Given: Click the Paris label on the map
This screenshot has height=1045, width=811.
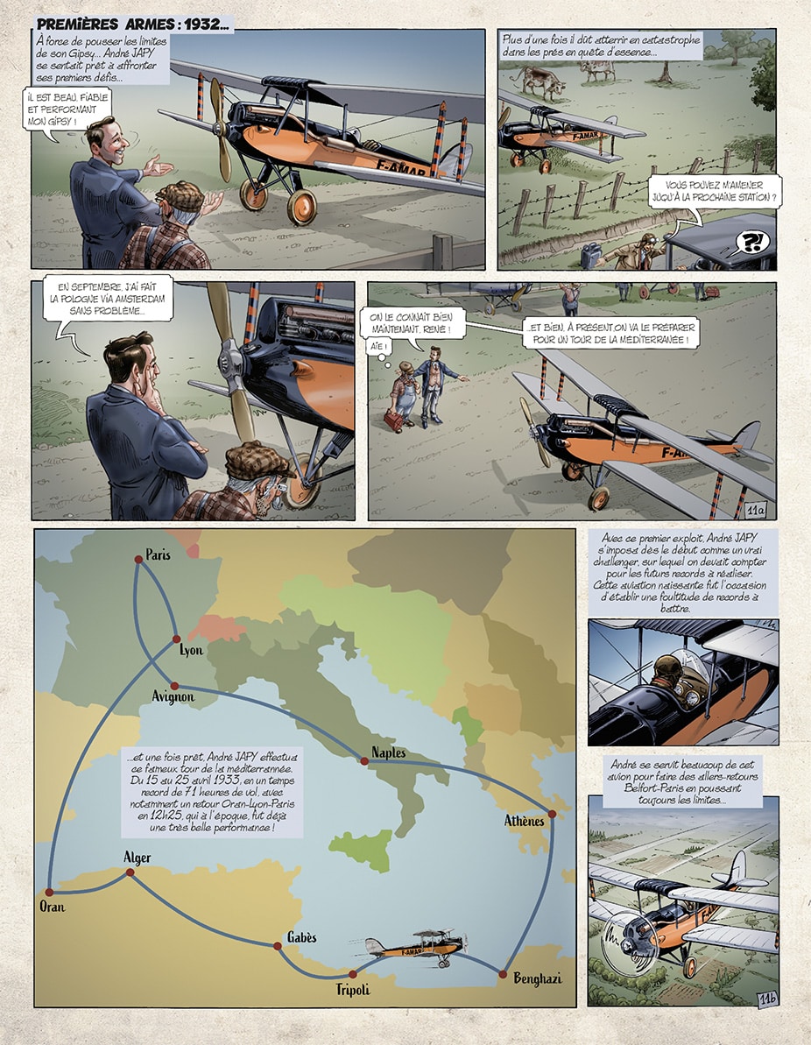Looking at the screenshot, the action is [x=158, y=554].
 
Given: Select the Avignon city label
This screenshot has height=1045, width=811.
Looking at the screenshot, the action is [x=173, y=696].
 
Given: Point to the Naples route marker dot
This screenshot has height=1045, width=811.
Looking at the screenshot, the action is [x=364, y=760].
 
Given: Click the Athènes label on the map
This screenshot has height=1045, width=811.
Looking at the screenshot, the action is [x=525, y=821].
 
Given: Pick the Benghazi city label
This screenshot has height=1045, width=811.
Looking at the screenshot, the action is [x=538, y=978].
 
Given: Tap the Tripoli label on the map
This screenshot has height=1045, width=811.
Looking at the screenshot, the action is [x=353, y=990].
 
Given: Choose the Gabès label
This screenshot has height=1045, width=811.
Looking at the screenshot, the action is [x=302, y=937].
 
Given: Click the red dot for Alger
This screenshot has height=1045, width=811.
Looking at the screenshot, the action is [x=130, y=872].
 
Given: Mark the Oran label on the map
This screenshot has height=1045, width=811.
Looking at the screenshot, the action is [x=53, y=907].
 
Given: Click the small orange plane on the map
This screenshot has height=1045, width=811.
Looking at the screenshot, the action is [x=417, y=947].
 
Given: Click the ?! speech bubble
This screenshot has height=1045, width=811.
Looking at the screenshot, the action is [x=751, y=242].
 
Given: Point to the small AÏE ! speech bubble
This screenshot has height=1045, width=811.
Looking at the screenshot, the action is [x=377, y=347].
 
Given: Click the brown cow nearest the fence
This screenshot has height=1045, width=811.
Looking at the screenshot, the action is [x=542, y=81].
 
